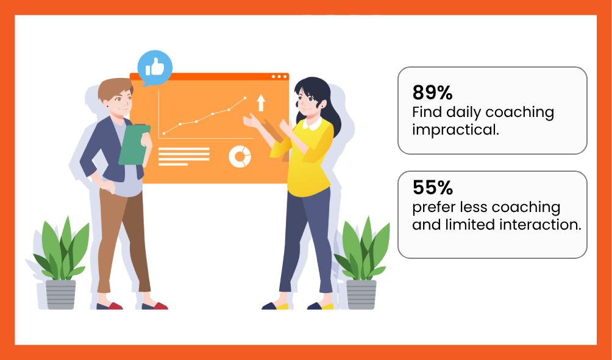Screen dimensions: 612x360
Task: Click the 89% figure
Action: coord(432,93)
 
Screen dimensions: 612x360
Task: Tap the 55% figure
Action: coord(432,188)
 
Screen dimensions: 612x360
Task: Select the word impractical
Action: coord(455,130)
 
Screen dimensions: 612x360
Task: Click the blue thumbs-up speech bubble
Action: coord(155,68)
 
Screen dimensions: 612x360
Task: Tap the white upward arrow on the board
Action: coord(261,102)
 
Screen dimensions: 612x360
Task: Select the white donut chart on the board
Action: coord(240,157)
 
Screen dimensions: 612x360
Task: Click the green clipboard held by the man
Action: coord(134,145)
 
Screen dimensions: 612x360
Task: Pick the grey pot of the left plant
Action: coord(60,294)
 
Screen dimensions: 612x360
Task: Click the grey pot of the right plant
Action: coord(361,294)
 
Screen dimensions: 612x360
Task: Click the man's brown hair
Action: coord(115,88)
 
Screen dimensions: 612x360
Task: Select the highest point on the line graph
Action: coord(245,98)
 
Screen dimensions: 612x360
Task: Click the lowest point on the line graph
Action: coord(164,133)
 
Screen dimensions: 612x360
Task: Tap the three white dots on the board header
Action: coord(279,76)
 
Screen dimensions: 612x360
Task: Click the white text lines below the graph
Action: coord(184,157)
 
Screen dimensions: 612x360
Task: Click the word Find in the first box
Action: coord(427,112)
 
